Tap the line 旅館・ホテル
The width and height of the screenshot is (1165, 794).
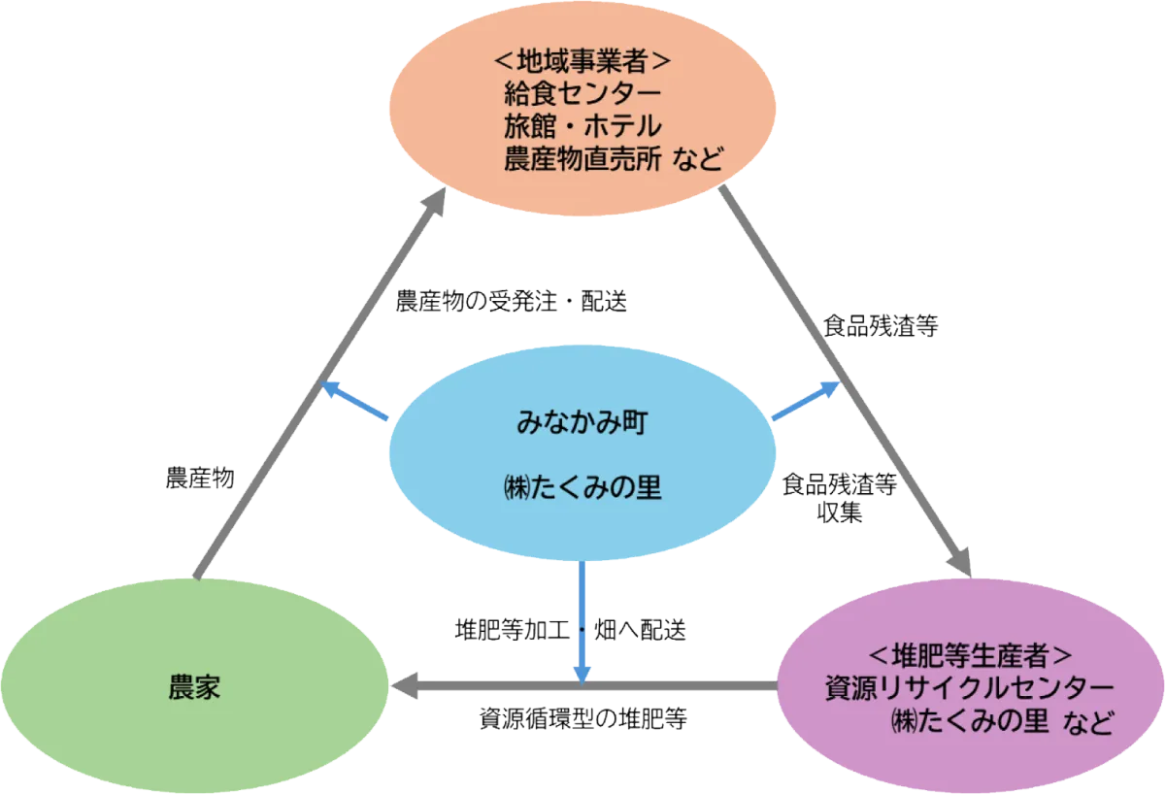pos(582,126)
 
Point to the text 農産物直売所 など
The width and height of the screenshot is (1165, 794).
pos(614,158)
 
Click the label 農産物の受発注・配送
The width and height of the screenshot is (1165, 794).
pos(513,302)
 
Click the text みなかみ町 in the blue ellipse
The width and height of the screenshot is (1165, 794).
pos(582,424)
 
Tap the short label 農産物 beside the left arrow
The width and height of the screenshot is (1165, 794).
pos(199,478)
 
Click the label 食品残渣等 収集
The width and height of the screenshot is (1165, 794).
pos(840,498)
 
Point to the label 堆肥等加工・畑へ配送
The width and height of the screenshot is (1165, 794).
pos(572,630)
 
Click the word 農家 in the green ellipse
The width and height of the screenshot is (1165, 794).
pos(194,689)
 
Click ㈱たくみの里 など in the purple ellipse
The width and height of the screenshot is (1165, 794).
pos(1000,721)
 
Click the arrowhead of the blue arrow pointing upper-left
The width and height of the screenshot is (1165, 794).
pos(329,388)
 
